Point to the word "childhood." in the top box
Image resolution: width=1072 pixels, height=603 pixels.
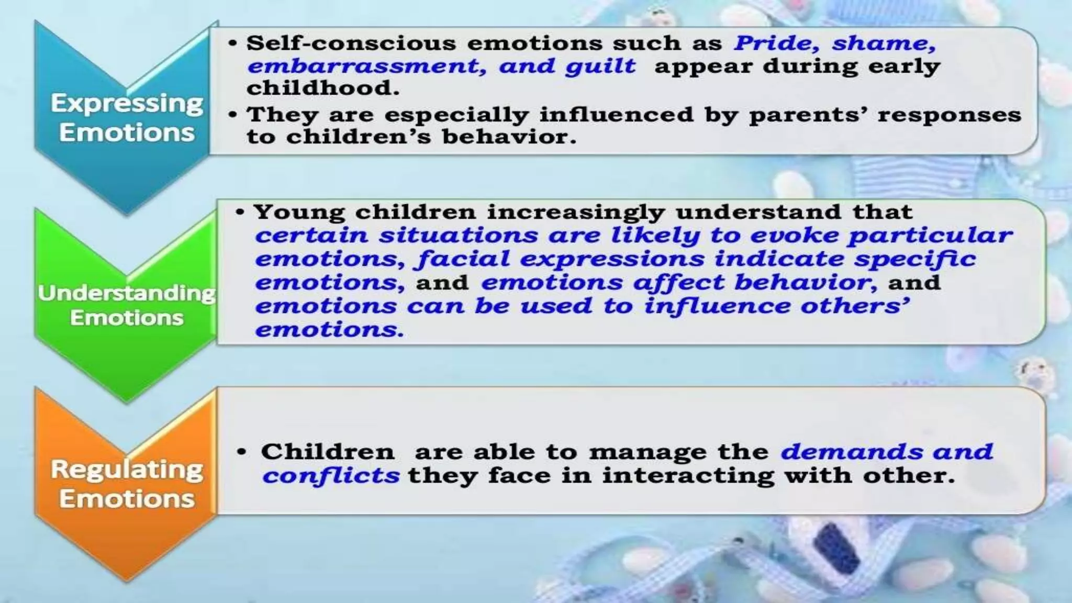323,88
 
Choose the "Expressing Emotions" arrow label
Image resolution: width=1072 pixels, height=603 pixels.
127,118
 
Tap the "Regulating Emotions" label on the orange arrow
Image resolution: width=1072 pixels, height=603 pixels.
127,484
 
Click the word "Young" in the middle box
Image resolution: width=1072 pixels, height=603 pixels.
299,212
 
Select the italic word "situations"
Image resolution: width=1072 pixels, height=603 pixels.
459,235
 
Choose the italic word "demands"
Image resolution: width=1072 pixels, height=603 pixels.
850,452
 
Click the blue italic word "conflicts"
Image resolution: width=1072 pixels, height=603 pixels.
331,476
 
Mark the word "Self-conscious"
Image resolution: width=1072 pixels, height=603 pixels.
351,43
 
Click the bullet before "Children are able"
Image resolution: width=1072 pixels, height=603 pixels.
241,452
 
